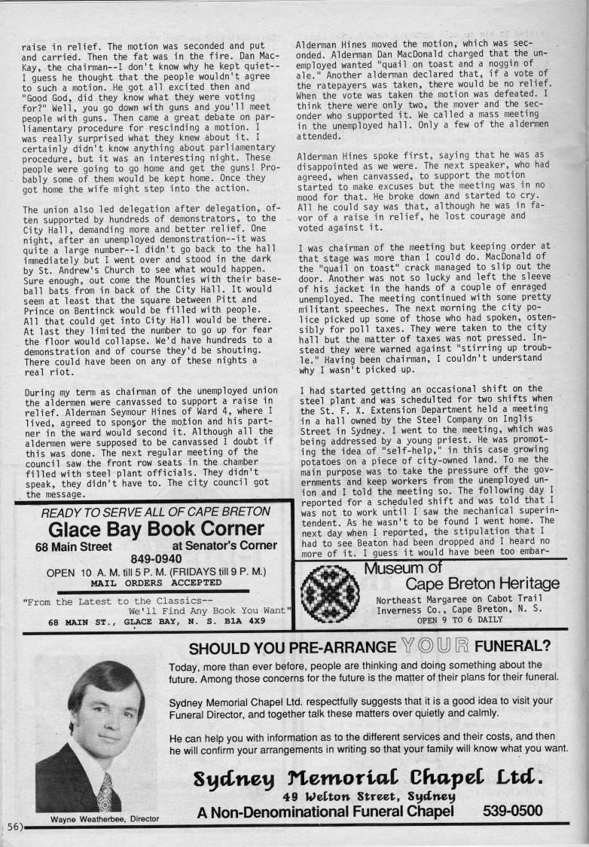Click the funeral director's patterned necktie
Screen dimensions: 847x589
(x=105, y=792)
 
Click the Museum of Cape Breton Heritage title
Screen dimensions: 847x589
(x=461, y=576)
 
